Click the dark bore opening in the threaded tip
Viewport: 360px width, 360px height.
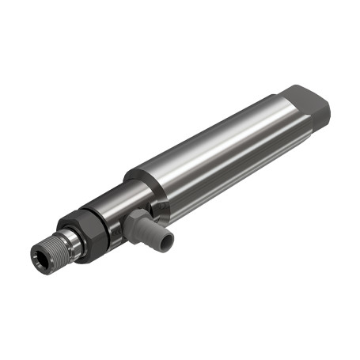[39, 256]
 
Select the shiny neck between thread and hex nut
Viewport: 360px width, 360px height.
[72, 241]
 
